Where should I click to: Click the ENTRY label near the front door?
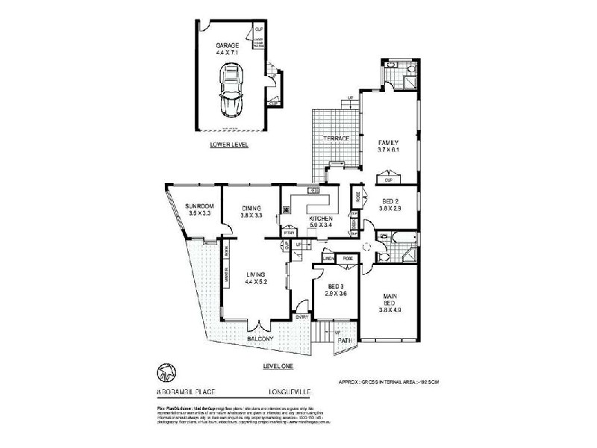(x=301, y=316)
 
